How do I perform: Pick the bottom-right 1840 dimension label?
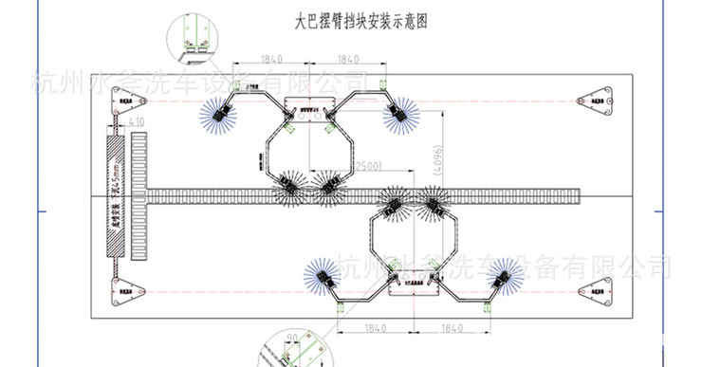[453, 329]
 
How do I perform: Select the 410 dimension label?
[135, 121]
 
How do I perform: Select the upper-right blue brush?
[398, 113]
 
